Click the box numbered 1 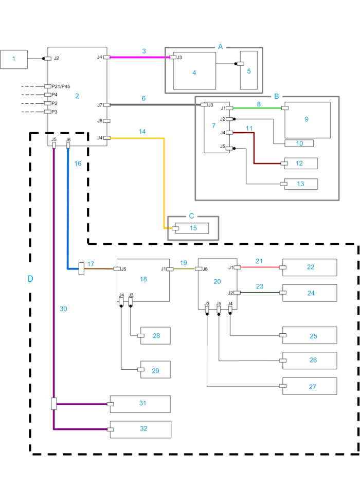14,60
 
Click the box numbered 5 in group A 249,70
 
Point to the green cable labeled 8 258,108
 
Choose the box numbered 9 307,119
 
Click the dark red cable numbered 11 254,149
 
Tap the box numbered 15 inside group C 193,228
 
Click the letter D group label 30,279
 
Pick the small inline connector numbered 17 81,268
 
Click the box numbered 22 311,267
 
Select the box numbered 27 312,386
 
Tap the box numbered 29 155,369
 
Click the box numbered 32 143,429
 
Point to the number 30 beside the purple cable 63,309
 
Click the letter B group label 276,96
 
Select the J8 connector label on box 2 100,121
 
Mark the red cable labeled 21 259,267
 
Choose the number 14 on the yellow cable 142,132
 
